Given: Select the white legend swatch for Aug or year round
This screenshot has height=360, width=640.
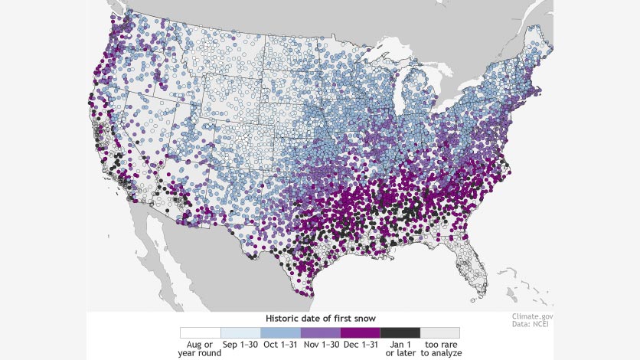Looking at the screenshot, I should (x=200, y=332).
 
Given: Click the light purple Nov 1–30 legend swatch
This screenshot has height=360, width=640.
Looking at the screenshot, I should (x=320, y=332).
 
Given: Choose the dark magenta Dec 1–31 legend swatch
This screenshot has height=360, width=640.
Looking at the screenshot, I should (x=360, y=332).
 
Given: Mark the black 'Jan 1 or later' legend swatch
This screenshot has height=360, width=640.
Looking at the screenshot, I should (x=400, y=332).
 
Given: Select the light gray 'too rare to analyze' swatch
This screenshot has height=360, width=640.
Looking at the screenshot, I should (x=439, y=332).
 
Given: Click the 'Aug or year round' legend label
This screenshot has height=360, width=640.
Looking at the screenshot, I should (x=200, y=349).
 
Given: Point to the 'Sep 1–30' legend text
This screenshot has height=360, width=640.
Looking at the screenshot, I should (x=240, y=345).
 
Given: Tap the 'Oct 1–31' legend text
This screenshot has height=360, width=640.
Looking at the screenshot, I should (x=280, y=345).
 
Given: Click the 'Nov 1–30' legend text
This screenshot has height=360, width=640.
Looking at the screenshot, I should (x=320, y=345).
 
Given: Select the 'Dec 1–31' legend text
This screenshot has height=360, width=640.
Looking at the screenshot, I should (x=360, y=345).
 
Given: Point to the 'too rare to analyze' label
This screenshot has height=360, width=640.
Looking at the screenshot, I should (x=440, y=349).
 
